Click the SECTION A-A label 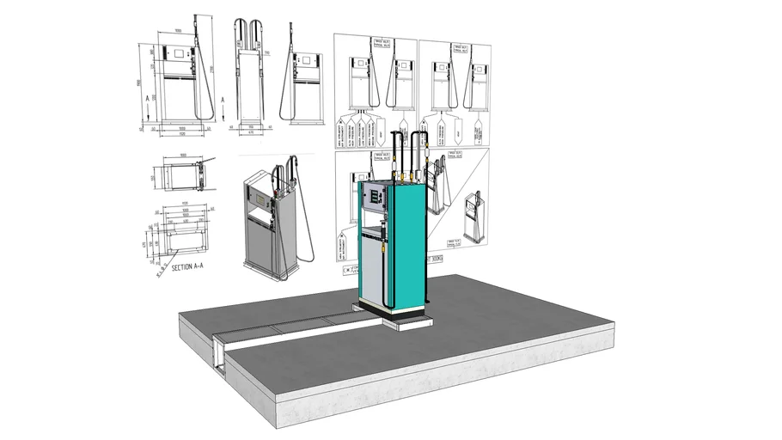coord(187,267)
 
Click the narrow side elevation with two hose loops coord(251,82)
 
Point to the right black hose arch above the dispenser coord(422,151)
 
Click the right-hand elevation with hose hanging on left coord(305,82)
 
